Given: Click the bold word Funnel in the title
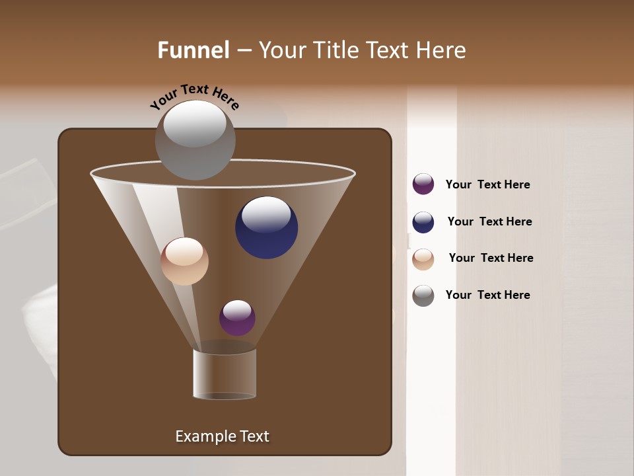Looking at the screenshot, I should pos(194,50).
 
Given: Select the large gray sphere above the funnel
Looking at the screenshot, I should pos(195,139).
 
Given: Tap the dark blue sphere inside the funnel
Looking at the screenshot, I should pos(266,228).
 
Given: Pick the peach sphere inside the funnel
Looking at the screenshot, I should pos(184,261).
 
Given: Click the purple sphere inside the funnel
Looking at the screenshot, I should pos(237,318).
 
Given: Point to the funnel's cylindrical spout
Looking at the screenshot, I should pos(225,374).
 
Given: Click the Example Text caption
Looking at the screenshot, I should pos(222,436).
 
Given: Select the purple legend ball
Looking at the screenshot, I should pos(423,184).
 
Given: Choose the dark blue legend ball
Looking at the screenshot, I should pos(423,222).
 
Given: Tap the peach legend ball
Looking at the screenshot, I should pos(423,259).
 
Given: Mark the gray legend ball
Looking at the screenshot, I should pos(423,296).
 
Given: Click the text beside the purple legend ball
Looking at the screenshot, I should pos(487,185).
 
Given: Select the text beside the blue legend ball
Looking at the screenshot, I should pos(489,221).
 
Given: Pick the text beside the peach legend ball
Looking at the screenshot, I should pos(491,258).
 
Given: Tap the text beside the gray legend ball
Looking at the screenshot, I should pos(487,295).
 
